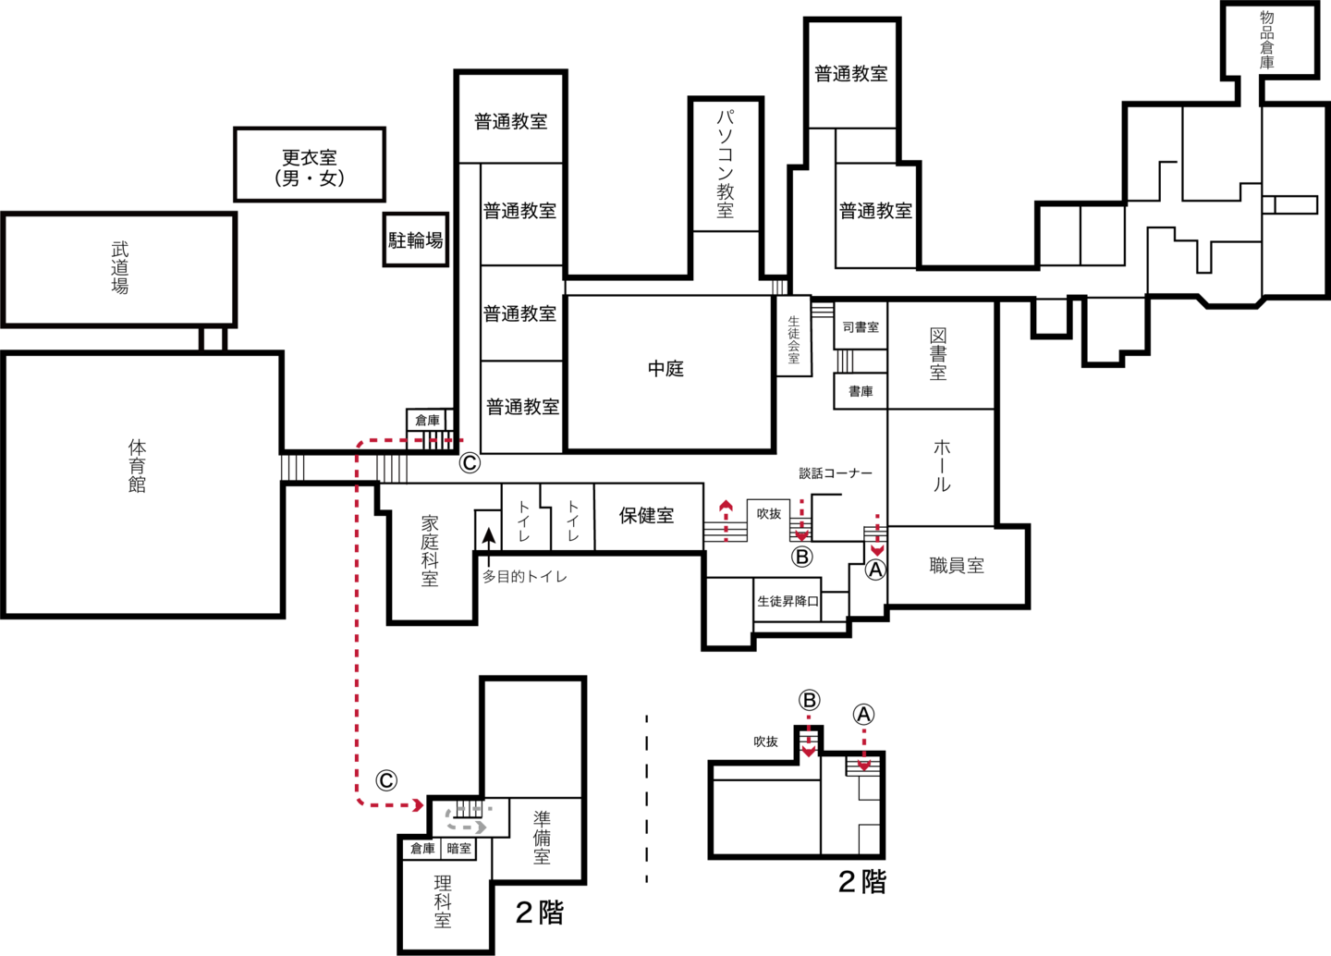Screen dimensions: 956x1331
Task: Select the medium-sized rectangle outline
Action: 310,129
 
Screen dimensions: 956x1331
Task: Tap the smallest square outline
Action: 416,213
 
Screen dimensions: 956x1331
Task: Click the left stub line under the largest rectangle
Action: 201,340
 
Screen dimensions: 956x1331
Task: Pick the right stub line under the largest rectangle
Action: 225,340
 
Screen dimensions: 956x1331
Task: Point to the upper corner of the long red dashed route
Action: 360,443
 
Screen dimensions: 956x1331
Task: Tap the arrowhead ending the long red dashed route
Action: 418,805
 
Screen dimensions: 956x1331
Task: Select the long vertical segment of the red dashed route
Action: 357,619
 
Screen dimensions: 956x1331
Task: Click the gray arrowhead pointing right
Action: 480,827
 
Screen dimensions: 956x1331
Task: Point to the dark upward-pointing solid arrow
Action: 488,545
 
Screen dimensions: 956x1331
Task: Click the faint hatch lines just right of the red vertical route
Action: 392,469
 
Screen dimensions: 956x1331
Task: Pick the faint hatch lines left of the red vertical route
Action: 292,467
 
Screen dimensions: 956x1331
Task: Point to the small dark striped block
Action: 823,312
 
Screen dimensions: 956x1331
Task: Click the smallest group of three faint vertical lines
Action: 778,288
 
